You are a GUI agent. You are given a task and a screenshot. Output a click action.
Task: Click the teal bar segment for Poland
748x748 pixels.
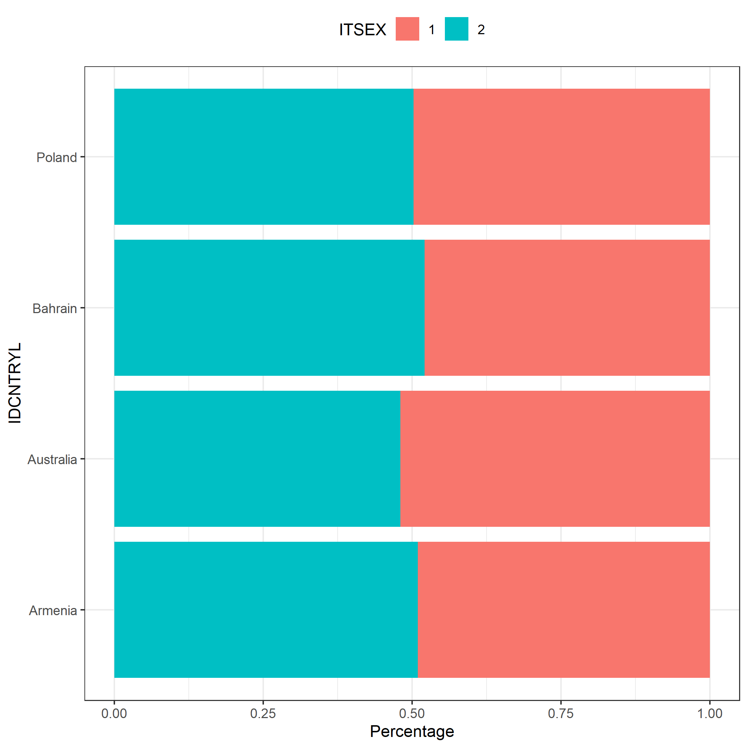264,156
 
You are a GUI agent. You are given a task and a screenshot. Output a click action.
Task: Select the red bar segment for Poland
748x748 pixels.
561,156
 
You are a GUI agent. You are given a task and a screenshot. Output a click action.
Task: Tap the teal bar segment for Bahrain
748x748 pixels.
270,307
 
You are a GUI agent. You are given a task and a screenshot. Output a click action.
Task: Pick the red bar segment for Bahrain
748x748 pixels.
567,307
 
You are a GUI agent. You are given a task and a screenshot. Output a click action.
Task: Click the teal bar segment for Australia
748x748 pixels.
257,458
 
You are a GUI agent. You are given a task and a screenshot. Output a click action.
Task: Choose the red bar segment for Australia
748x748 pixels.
555,458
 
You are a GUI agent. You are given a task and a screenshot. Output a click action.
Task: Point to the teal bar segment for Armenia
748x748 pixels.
266,609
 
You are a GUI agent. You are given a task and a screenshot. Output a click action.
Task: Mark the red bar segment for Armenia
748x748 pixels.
564,609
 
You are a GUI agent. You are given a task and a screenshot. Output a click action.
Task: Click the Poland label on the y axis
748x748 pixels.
57,157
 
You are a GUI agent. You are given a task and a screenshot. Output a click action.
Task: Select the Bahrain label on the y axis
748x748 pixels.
54,308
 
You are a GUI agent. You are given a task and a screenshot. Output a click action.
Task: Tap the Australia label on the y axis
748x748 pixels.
52,459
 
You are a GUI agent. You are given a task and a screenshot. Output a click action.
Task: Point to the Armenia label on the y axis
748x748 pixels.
53,611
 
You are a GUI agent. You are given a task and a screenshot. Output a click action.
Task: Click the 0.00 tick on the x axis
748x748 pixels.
114,713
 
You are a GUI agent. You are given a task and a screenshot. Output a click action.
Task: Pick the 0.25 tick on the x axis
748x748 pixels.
263,713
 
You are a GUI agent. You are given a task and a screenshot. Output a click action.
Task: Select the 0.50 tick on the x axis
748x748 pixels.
412,713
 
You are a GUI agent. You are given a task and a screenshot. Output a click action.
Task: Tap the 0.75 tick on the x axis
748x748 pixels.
561,713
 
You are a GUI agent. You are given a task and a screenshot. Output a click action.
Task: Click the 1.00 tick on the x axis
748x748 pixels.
710,713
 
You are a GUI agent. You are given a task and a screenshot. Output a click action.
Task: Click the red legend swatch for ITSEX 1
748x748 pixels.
407,29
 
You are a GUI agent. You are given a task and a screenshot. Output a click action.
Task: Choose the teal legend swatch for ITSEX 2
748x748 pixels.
457,29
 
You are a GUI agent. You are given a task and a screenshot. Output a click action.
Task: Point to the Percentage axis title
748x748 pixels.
412,731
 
